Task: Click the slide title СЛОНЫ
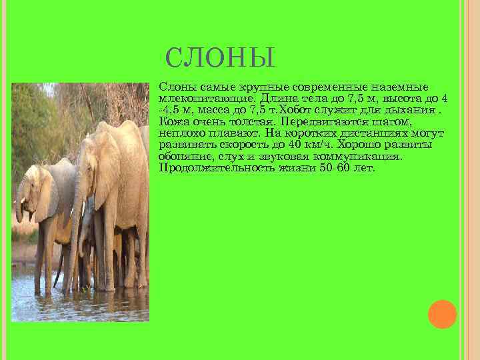219,58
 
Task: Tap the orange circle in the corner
442,314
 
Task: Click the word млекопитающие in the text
194,99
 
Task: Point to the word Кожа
173,122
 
